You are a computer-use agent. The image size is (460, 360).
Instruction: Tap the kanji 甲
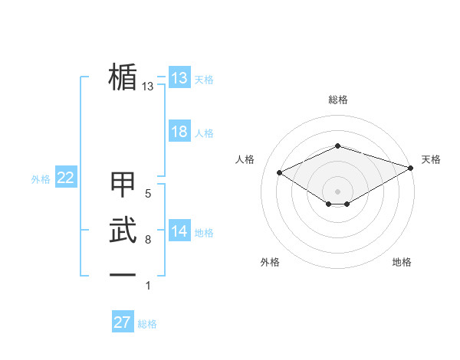click(123, 185)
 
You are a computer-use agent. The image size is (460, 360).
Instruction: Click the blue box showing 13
click(179, 78)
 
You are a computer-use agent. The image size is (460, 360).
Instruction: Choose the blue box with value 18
click(179, 132)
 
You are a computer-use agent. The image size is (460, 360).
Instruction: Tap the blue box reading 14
click(179, 231)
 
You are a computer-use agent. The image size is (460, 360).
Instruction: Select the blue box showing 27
click(123, 322)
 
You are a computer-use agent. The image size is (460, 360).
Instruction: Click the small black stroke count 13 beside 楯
click(148, 87)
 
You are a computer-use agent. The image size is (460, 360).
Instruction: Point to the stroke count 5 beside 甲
click(148, 194)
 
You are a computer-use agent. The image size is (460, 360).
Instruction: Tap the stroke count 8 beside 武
click(148, 240)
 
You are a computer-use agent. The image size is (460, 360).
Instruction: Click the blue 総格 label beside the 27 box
click(147, 324)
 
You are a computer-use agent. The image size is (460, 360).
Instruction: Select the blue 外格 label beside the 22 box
click(41, 179)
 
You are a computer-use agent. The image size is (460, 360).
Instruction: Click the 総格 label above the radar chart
click(337, 100)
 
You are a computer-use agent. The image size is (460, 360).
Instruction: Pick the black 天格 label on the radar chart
click(431, 159)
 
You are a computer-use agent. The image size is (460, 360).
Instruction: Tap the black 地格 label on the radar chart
click(402, 262)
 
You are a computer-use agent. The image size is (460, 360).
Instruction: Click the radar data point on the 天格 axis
click(412, 167)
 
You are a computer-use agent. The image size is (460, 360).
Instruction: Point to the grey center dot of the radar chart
click(337, 190)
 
